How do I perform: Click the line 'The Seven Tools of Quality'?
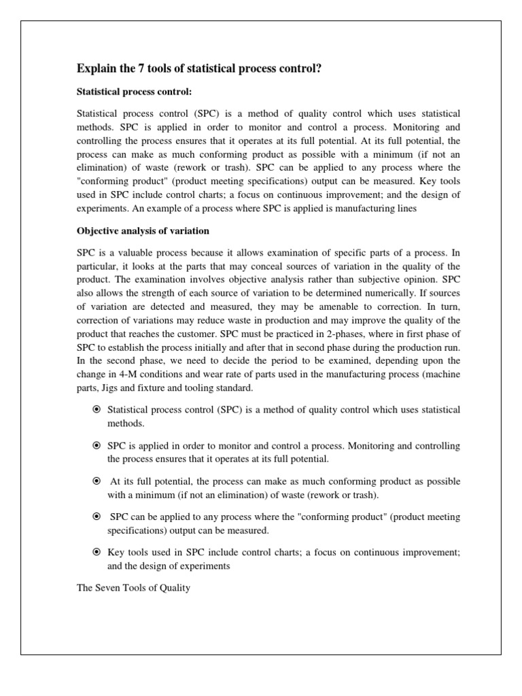134,587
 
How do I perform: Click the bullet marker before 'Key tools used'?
97,553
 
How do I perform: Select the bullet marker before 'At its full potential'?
97,481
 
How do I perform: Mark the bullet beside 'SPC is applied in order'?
97,446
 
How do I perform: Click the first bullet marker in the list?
97,410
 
